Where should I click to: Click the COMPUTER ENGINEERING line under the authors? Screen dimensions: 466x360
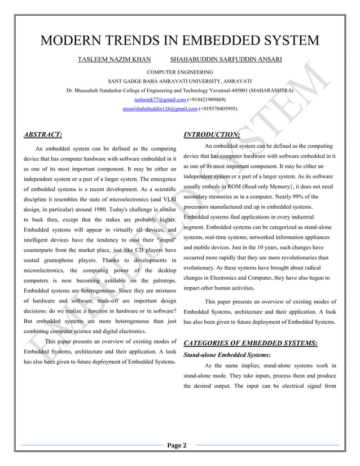click(179, 72)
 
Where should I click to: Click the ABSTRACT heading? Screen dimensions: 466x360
click(43, 135)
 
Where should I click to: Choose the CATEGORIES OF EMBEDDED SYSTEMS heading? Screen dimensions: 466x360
click(251, 343)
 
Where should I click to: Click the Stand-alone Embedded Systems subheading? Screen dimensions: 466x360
click(227, 355)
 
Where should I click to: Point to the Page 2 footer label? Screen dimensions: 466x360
click(179, 446)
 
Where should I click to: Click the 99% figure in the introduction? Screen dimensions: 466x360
click(313, 197)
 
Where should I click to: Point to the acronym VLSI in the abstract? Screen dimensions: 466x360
click(167, 199)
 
